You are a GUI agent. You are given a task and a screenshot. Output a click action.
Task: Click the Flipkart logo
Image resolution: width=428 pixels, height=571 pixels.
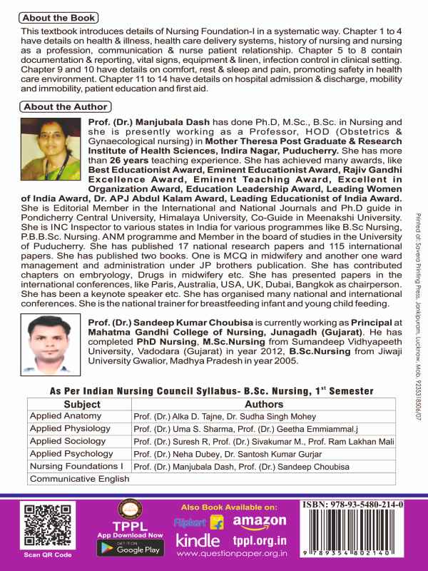tap(198, 524)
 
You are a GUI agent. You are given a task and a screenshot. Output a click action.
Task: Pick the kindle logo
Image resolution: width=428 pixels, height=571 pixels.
tap(202, 543)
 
